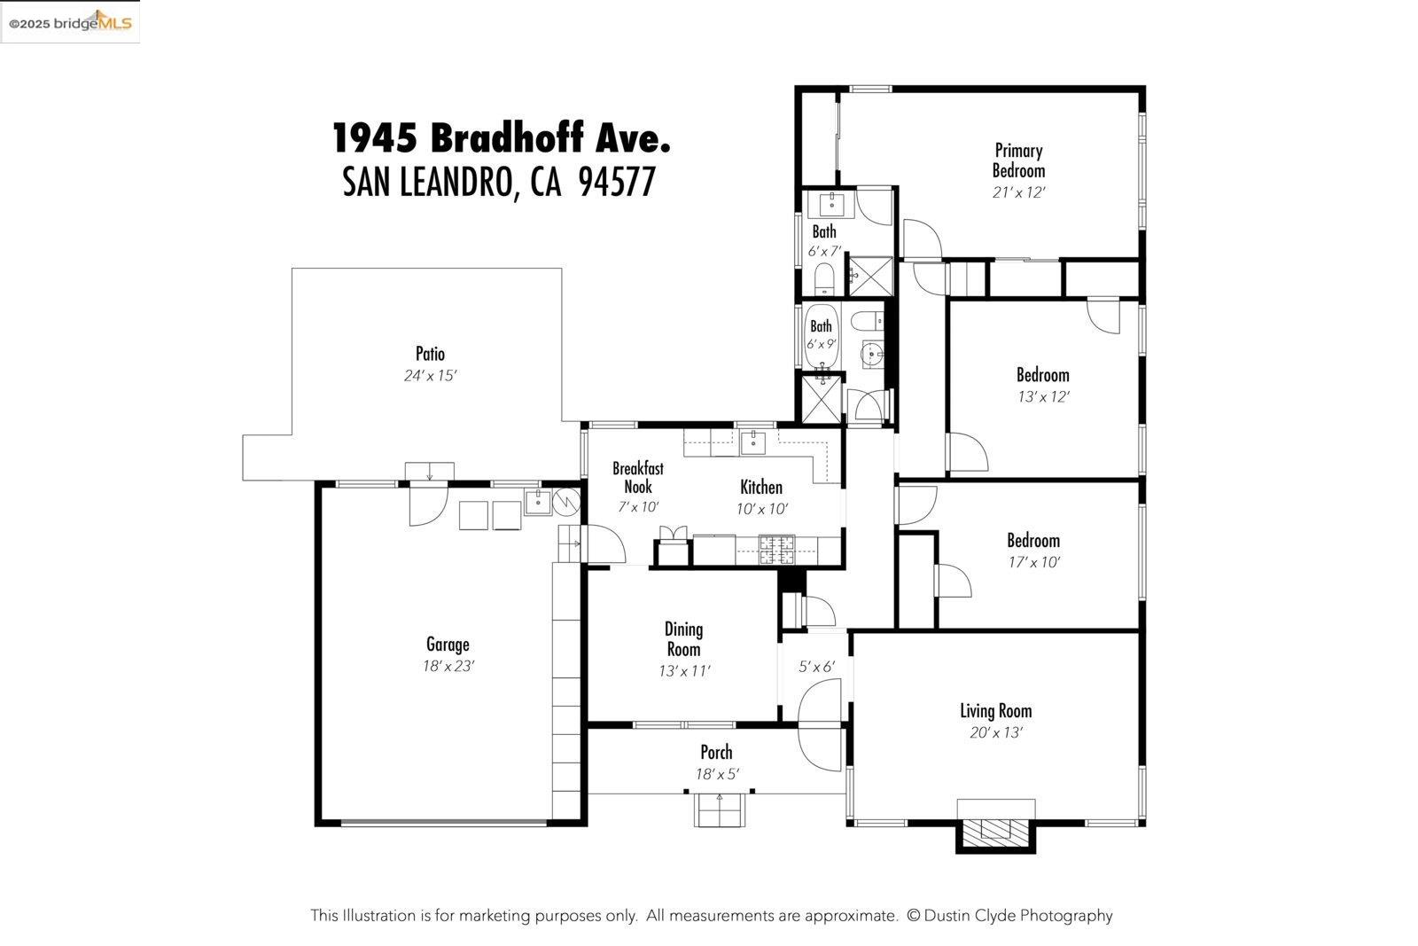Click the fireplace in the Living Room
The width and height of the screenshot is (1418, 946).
click(995, 830)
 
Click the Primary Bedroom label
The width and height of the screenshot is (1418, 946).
click(1018, 160)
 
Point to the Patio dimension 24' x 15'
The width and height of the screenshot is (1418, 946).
click(430, 376)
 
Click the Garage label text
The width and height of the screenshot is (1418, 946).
click(448, 645)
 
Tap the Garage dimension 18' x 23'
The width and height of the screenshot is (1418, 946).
click(448, 666)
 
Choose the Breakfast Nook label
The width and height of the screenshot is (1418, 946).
click(637, 477)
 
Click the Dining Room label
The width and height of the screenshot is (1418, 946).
click(683, 638)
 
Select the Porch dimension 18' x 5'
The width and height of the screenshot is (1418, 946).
click(716, 774)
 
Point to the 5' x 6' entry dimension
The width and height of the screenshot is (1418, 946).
click(816, 667)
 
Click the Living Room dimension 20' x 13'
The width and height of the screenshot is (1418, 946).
click(995, 732)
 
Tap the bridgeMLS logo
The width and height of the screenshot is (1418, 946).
click(70, 22)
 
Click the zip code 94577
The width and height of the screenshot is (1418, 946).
click(617, 183)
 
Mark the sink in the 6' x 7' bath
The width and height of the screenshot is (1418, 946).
click(833, 204)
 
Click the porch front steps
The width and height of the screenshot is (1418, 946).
click(720, 810)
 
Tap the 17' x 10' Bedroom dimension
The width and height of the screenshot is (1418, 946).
click(1033, 562)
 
